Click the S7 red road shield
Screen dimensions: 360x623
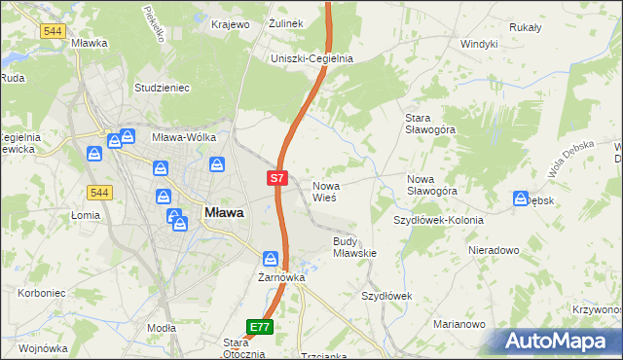277,178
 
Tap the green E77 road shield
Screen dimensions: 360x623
259,328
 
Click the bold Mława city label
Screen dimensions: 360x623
224,211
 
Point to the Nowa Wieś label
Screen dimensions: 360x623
324,191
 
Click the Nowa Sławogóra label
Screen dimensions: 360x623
432,185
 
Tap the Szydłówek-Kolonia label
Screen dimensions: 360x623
438,220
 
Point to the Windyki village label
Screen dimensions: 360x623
479,44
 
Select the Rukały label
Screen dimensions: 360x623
524,27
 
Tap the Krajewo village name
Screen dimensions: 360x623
231,23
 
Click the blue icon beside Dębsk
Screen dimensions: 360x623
521,199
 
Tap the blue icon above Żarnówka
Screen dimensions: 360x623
271,259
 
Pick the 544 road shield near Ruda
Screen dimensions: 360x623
53,31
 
